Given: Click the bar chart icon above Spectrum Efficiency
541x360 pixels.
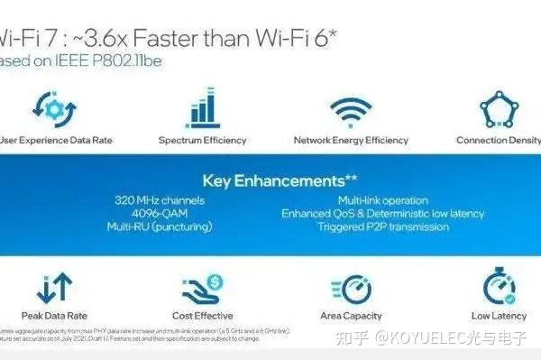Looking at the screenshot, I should [202, 108].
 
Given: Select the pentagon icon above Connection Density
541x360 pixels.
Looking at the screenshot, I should [499, 109].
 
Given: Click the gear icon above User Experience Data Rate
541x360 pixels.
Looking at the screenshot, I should [50, 108].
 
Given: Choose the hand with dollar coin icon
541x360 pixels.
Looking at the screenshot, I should [202, 286].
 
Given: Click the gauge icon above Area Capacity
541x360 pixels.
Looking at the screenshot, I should [351, 286].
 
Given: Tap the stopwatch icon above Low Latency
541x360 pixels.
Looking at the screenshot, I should [499, 286].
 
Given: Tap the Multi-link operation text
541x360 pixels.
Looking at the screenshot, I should [383, 200].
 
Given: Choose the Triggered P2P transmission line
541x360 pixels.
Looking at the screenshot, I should [383, 227].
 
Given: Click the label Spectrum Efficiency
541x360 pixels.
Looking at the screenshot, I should [202, 141].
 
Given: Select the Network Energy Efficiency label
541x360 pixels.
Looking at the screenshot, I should [351, 141].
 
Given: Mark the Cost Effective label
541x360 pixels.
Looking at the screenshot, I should [202, 316].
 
